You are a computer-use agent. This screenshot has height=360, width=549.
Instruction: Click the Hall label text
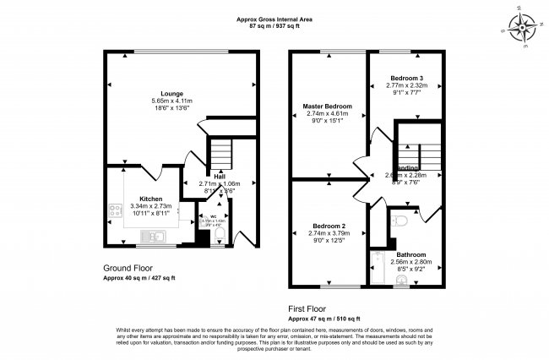(219, 176)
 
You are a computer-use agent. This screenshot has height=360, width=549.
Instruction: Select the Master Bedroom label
(327, 106)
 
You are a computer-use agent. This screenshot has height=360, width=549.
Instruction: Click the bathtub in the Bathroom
(377, 270)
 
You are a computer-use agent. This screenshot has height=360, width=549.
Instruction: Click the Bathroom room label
(410, 254)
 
